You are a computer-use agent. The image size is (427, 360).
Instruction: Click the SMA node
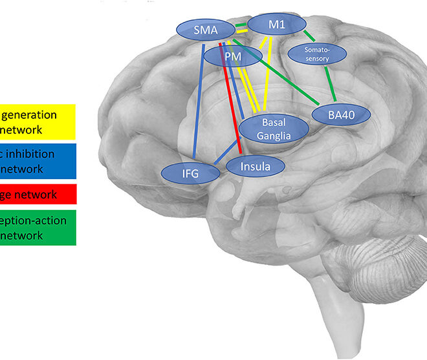(x=205, y=29)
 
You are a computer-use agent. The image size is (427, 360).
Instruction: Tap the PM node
(x=232, y=57)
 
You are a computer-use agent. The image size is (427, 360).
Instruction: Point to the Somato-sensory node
(x=325, y=54)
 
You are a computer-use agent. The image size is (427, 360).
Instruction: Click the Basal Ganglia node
(x=269, y=128)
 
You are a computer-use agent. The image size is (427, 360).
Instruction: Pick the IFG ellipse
(x=189, y=173)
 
